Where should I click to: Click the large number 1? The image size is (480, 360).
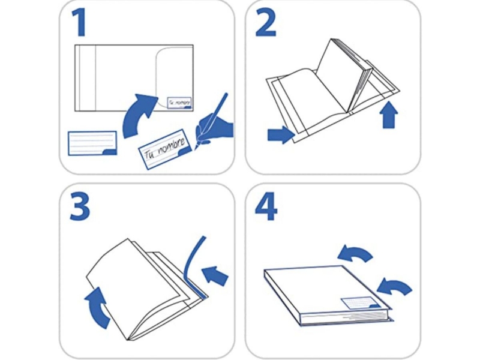79,22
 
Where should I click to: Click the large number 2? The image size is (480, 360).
266,22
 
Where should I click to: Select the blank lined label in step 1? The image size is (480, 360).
92,143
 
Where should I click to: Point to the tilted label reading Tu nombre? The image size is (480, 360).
166,149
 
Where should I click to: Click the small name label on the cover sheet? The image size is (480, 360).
179,103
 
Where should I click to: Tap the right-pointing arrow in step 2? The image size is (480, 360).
281,134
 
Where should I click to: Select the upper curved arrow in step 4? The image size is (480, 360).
356,252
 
